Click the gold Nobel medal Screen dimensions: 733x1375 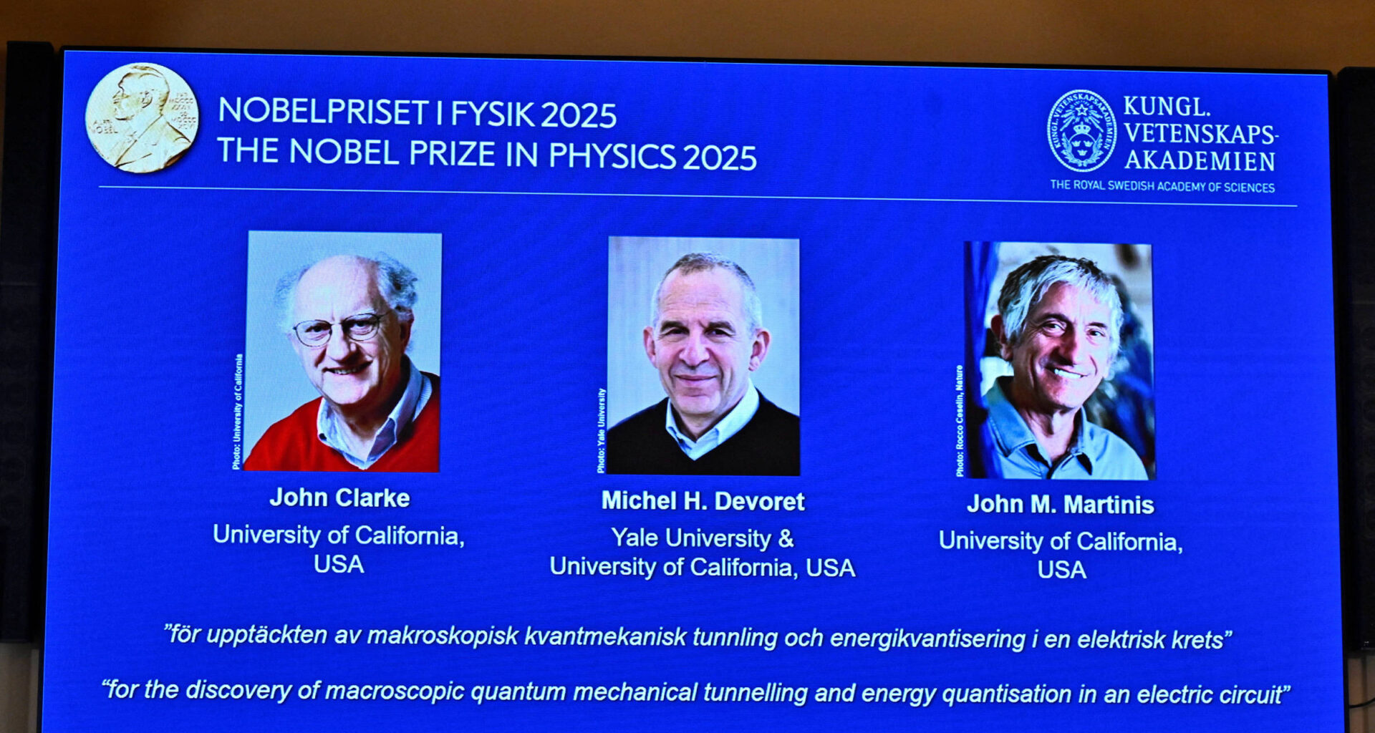coord(141,118)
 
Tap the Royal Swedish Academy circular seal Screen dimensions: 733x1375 coord(1081,131)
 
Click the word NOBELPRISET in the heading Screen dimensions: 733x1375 coord(324,112)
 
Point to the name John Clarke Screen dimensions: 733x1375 coord(339,497)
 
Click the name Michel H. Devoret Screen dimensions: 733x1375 coord(703,501)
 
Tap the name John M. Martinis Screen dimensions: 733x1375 coord(1060,505)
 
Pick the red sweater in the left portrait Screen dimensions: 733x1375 coord(286,440)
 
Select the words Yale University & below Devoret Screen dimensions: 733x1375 coord(702,538)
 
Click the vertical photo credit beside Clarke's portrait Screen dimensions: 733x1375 coord(237,412)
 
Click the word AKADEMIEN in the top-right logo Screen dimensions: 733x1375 coord(1200,162)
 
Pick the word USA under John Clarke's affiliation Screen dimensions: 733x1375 coord(339,564)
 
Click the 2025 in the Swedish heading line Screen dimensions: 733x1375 coord(578,115)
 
